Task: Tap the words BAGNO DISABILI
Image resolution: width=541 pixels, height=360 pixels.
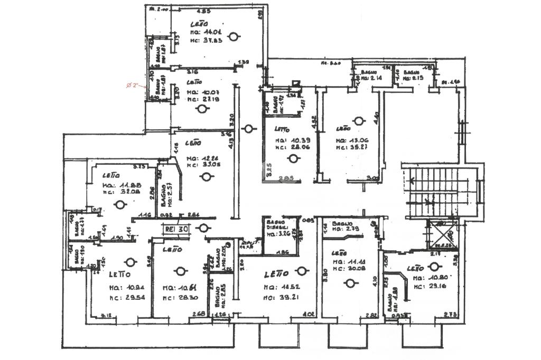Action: (276, 224)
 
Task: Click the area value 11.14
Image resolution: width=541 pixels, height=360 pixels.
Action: (351, 262)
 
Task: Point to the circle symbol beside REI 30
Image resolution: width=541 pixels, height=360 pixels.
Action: (202, 228)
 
